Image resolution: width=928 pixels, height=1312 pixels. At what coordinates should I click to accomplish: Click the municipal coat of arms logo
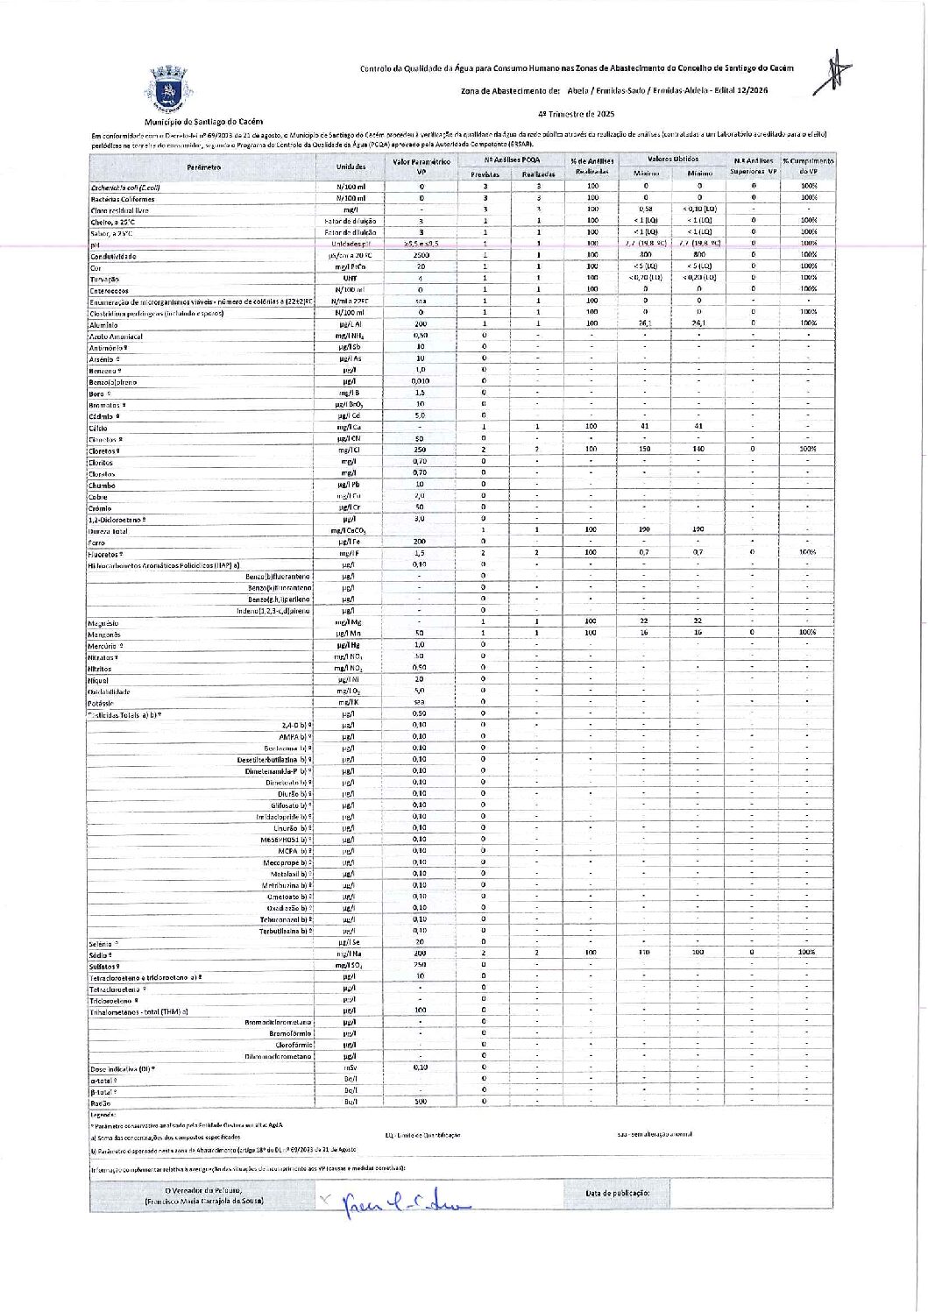click(167, 89)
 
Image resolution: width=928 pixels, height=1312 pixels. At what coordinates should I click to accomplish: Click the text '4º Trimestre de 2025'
click(576, 114)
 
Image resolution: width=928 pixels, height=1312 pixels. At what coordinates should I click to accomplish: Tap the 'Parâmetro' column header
click(203, 167)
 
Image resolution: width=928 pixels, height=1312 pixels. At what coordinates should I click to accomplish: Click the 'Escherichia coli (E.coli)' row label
click(125, 188)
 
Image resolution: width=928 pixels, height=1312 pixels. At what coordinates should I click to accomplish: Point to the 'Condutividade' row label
click(113, 256)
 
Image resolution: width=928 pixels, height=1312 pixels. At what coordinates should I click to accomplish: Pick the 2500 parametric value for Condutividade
click(421, 255)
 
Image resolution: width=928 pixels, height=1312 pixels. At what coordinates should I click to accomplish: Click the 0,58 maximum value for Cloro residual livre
click(645, 209)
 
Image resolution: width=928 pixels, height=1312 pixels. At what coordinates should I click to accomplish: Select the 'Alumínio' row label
click(103, 325)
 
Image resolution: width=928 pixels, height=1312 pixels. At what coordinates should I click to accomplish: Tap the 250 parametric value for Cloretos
click(421, 450)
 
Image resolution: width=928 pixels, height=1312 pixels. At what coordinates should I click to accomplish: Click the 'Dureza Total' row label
click(108, 531)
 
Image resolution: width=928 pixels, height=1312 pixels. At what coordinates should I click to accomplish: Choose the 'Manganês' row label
click(104, 634)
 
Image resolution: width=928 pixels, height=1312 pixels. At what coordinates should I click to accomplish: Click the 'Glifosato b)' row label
click(290, 805)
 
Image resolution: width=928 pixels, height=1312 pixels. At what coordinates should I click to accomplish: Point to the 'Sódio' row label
click(100, 954)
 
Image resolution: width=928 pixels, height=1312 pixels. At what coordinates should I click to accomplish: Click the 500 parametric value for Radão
click(421, 1102)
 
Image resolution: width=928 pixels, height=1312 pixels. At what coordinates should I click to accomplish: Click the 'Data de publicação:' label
click(618, 1193)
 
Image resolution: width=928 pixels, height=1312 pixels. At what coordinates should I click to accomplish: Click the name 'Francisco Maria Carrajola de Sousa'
click(203, 1201)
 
